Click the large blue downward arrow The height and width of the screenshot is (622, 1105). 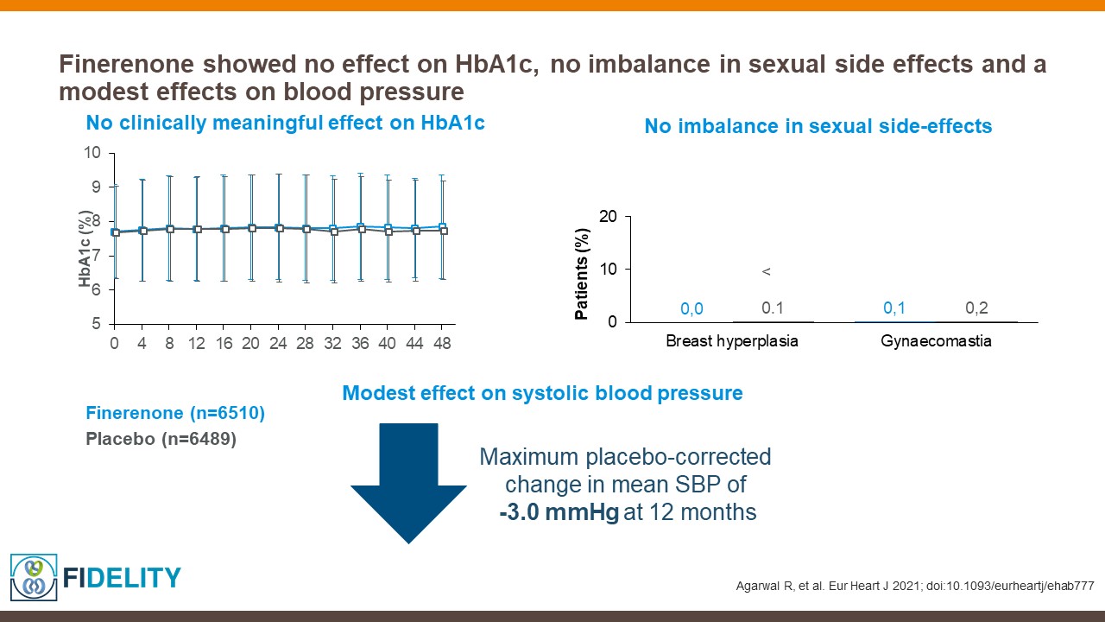[x=408, y=484]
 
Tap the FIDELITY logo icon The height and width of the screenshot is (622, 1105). [x=34, y=576]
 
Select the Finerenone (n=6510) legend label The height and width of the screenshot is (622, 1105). [x=175, y=414]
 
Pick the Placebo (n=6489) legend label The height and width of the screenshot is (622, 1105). [x=161, y=439]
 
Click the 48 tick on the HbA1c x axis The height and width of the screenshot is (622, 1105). [x=442, y=343]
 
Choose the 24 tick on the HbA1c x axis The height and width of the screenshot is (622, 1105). [x=279, y=343]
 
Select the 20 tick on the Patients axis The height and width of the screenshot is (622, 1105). [x=609, y=216]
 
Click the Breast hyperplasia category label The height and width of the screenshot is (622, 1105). [x=731, y=341]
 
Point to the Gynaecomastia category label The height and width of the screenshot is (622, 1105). [x=936, y=341]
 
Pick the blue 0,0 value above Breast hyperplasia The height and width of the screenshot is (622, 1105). [x=691, y=308]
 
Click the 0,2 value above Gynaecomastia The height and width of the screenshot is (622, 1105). [x=976, y=308]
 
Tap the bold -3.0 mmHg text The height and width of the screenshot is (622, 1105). [x=559, y=512]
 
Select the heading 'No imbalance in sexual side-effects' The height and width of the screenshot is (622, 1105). [x=818, y=126]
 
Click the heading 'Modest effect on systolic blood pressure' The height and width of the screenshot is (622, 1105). [x=542, y=393]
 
